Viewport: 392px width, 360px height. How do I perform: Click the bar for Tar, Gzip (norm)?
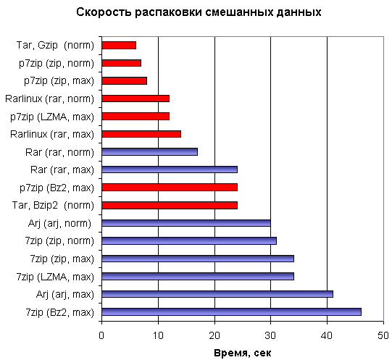119,45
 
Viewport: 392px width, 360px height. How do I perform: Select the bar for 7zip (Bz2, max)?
231,311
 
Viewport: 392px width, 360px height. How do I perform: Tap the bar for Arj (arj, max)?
217,293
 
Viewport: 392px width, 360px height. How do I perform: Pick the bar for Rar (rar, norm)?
150,151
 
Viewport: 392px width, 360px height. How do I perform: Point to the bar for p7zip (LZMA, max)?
135,116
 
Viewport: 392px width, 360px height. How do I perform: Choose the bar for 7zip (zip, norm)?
189,240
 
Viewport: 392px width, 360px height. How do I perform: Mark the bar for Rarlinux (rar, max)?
141,133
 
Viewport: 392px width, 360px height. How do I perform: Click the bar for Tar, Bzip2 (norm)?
170,205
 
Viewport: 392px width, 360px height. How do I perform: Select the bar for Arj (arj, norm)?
186,222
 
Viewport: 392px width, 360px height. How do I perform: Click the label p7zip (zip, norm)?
56,63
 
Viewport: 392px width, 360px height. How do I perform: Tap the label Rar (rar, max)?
62,169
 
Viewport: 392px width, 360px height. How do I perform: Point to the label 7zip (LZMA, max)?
55,276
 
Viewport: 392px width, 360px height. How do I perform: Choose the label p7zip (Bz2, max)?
57,187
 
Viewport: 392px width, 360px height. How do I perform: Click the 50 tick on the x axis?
383,335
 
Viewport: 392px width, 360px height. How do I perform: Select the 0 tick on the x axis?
102,335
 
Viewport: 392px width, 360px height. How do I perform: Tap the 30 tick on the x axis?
271,335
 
